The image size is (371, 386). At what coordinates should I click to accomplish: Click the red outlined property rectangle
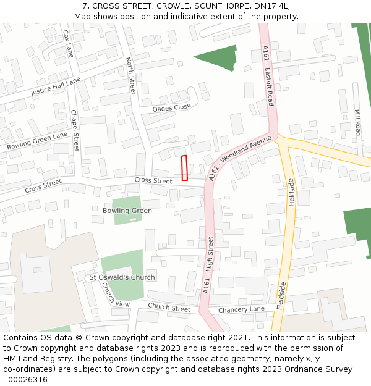(x=184, y=168)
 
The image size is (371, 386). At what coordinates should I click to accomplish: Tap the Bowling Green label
(x=127, y=211)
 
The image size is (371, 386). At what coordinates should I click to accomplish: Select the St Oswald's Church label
(x=122, y=277)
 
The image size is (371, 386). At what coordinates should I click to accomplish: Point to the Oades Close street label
(x=171, y=107)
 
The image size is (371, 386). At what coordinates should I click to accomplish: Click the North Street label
(x=130, y=76)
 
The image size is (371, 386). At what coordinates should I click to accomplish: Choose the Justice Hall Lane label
(x=56, y=87)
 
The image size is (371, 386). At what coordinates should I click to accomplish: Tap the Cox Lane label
(x=69, y=44)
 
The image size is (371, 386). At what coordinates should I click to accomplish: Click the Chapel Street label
(x=75, y=131)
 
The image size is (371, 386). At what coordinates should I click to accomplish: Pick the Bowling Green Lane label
(x=37, y=141)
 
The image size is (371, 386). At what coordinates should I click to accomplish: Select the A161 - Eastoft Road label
(x=267, y=75)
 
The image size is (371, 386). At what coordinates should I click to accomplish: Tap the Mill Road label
(x=357, y=123)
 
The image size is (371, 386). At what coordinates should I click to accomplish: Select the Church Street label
(x=169, y=308)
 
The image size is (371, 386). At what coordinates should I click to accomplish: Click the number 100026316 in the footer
(x=25, y=379)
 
